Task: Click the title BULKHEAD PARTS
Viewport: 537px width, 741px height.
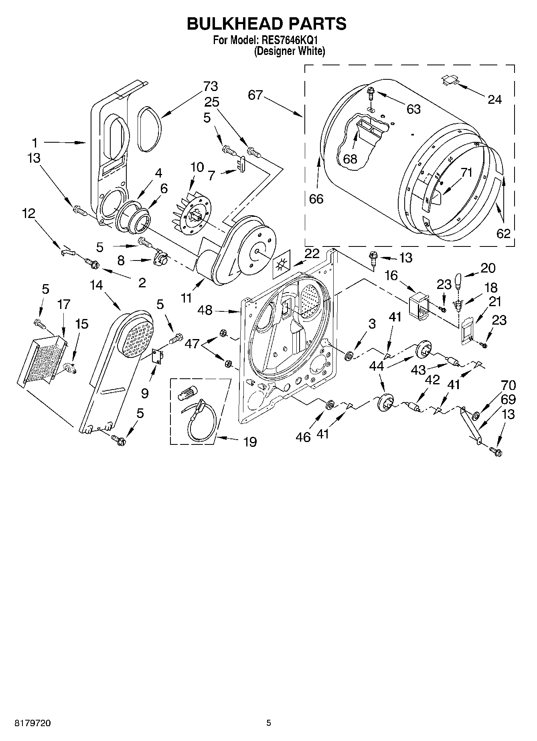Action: coord(267,24)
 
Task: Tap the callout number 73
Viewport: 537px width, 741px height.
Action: coord(210,86)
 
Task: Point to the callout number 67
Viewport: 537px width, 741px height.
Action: coord(255,95)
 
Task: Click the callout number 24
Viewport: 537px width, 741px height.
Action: coord(494,99)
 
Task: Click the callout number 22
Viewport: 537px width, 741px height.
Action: coord(312,253)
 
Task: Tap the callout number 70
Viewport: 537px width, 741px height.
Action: coord(508,386)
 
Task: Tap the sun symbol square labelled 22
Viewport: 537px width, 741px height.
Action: coord(282,265)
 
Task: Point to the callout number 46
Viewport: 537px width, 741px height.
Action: coord(303,437)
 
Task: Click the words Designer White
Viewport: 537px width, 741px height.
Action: coord(289,51)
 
